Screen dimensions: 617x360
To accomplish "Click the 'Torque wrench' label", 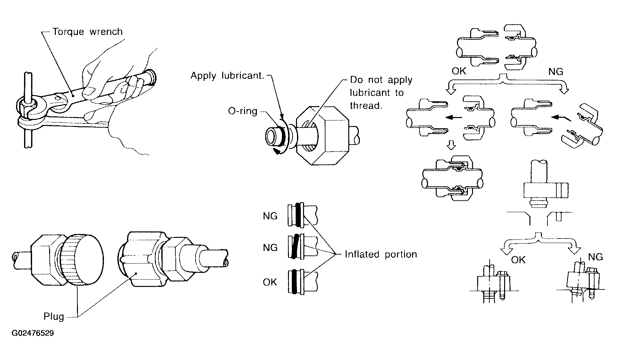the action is click(x=88, y=32).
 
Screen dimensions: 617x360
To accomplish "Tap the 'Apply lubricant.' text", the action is click(x=227, y=76).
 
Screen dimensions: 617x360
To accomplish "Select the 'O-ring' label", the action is click(x=243, y=111).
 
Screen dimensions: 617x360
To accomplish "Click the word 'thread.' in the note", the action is click(x=366, y=105).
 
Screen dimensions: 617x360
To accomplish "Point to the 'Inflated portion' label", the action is click(x=381, y=254).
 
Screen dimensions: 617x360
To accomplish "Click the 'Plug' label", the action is click(x=54, y=317).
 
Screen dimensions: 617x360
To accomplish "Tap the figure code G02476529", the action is click(x=33, y=333).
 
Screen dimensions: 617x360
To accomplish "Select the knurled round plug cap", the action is click(x=82, y=259).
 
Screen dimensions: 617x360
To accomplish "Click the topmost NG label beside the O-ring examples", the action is click(x=270, y=216).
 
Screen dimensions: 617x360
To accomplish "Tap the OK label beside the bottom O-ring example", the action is click(x=270, y=282).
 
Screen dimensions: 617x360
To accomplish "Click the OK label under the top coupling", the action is click(x=459, y=71).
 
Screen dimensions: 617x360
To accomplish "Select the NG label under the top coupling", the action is click(x=556, y=71).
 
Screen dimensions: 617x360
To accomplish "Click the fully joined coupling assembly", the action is click(x=453, y=178).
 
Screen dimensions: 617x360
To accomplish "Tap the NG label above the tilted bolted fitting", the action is click(x=596, y=257).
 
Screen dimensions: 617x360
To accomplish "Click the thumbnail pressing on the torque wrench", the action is click(x=89, y=92).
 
